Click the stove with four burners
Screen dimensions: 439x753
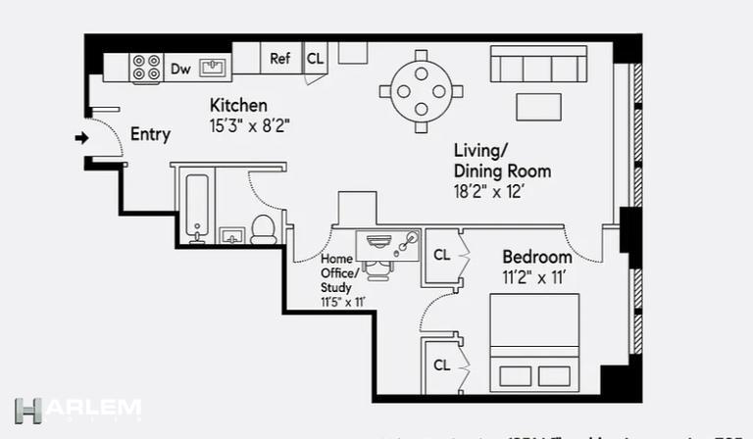147,68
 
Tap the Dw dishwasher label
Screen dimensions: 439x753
180,69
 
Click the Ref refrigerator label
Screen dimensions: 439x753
280,59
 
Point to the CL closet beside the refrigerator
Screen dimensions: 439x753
315,59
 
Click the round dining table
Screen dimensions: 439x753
421,91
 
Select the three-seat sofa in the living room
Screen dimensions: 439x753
538,65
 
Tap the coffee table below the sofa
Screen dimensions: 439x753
538,106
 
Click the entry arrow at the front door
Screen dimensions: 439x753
80,138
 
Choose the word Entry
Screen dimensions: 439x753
150,134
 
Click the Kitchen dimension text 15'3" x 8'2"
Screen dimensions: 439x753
250,125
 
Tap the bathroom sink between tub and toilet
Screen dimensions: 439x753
231,235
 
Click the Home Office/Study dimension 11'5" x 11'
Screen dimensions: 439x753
342,302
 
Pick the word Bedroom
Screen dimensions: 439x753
537,258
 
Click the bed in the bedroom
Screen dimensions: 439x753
533,343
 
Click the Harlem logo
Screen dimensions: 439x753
78,410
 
